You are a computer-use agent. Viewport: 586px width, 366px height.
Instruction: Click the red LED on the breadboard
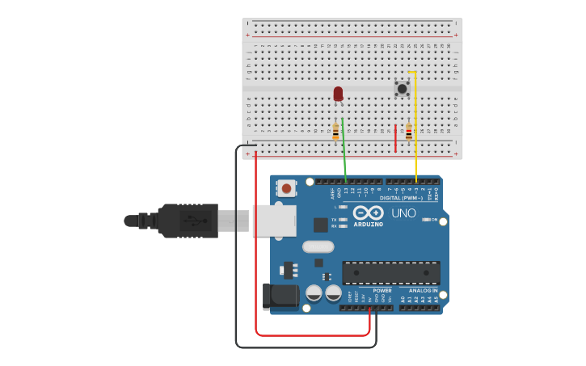[338, 94]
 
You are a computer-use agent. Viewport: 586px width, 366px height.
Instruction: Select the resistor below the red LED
[335, 131]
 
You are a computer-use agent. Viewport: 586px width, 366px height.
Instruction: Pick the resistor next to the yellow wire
[409, 132]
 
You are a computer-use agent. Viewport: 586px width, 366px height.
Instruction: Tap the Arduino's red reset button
[286, 188]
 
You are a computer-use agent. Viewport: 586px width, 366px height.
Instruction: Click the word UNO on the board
[403, 213]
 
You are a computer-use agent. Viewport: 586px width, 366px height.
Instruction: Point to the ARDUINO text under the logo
[368, 224]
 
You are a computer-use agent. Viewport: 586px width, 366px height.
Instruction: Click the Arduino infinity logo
[368, 212]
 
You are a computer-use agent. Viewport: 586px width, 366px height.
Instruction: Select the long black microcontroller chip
[391, 272]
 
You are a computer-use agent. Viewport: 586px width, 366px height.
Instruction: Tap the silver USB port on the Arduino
[273, 220]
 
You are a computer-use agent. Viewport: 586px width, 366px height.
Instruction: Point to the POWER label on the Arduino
[382, 291]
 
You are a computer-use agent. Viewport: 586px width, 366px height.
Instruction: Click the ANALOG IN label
[423, 291]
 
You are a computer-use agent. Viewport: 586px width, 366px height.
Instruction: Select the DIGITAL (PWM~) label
[401, 198]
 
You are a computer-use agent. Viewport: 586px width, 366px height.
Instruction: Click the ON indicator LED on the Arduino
[425, 220]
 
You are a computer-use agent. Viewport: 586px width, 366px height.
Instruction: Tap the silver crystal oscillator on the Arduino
[318, 246]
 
